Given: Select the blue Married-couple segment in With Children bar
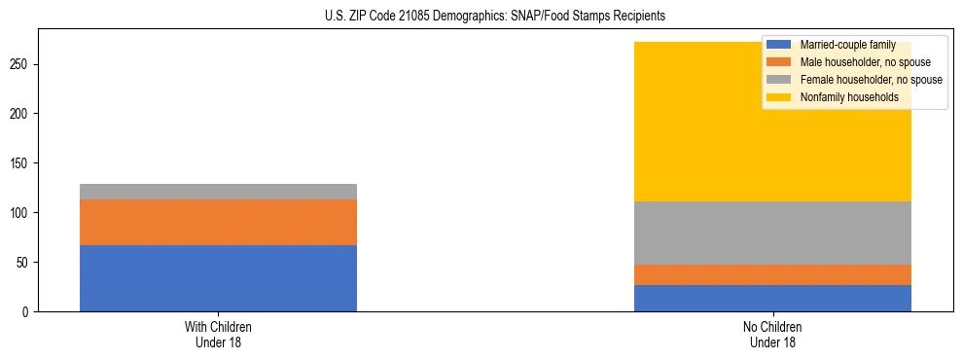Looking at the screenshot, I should coord(218,278).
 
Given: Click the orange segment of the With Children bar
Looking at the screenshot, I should coord(218,222).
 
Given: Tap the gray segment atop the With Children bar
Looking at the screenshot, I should coord(218,192).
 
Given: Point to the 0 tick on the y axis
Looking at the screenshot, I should coord(26,312).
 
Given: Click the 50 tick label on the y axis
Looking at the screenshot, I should coord(23,263).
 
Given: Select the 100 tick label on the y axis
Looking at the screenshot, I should coord(20,213).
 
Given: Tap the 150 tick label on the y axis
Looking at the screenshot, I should coord(20,163).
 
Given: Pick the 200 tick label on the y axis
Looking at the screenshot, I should coord(20,114).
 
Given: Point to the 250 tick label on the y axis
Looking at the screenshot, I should coord(20,64).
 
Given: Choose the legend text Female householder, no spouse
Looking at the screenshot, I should coord(871,80).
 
